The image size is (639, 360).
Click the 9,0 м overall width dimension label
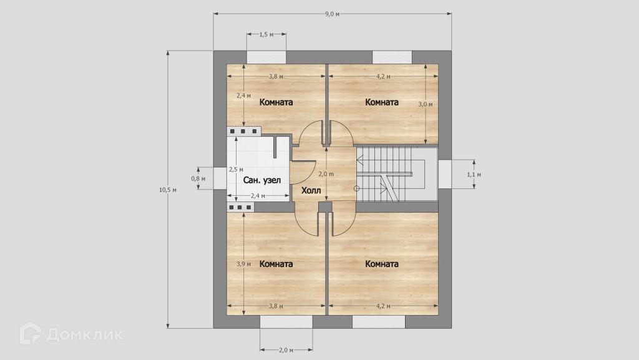[x=332, y=14]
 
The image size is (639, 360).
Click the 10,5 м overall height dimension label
[x=167, y=190]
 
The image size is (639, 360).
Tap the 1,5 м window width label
[x=266, y=34]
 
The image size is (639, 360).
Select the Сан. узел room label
[x=261, y=180]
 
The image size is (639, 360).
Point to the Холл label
[x=311, y=190]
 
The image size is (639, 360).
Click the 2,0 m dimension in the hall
[x=326, y=174]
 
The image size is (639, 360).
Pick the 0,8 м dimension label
[x=198, y=178]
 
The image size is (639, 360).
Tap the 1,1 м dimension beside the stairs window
[x=474, y=174]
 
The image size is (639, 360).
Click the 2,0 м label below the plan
[x=286, y=350]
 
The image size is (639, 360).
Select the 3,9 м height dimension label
[x=244, y=264]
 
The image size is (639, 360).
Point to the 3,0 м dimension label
[x=426, y=104]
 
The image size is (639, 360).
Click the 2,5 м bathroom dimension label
[x=236, y=169]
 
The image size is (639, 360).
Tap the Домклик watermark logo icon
[x=30, y=334]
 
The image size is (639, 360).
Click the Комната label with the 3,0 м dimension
[x=381, y=102]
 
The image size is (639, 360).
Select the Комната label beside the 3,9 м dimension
[x=276, y=264]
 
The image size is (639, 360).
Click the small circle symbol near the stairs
[x=356, y=188]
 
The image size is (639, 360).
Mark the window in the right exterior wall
[x=445, y=174]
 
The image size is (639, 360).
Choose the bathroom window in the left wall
[x=220, y=178]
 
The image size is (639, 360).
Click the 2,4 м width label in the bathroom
[x=258, y=196]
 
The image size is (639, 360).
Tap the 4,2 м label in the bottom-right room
[x=383, y=306]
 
